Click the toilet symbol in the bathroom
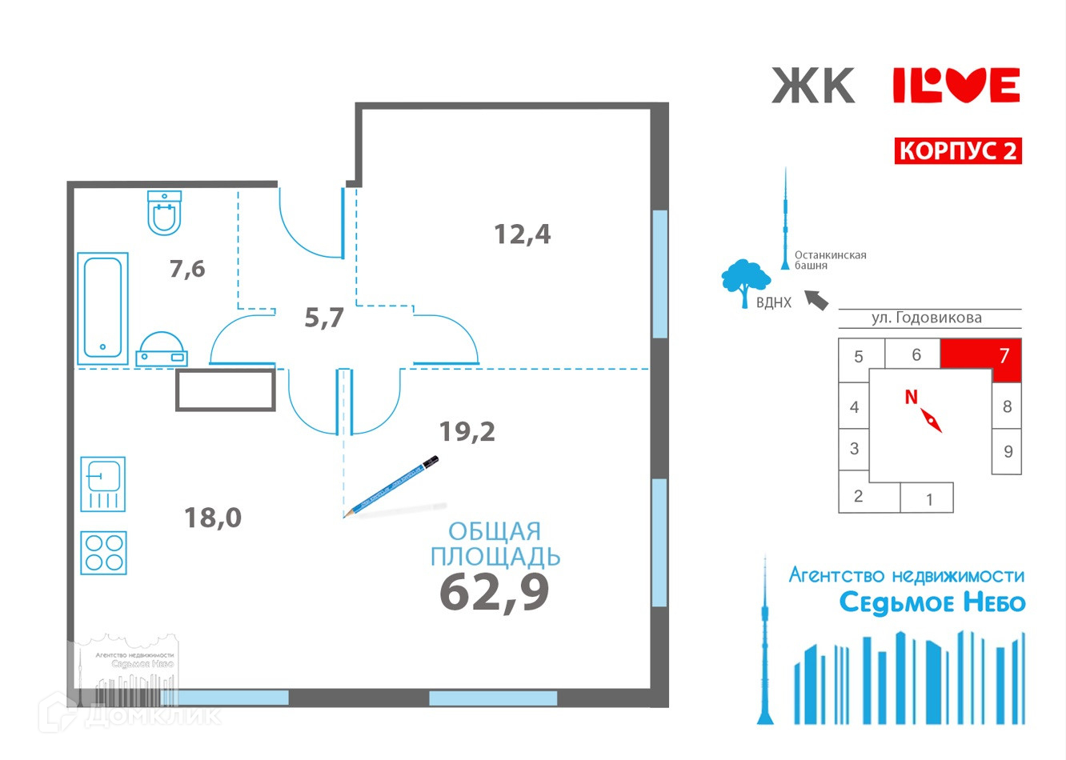tap(165, 213)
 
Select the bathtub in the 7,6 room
tap(102, 308)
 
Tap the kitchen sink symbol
tap(103, 483)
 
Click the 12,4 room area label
tap(522, 234)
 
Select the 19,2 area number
tap(467, 432)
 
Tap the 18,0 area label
tap(213, 518)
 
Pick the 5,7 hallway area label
tap(324, 318)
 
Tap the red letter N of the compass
tap(911, 397)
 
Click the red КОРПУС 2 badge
tap(957, 150)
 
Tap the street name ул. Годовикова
tap(926, 318)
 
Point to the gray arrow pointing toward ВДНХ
tap(816, 300)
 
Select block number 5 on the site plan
tap(859, 357)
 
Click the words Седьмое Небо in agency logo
tap(932, 602)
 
